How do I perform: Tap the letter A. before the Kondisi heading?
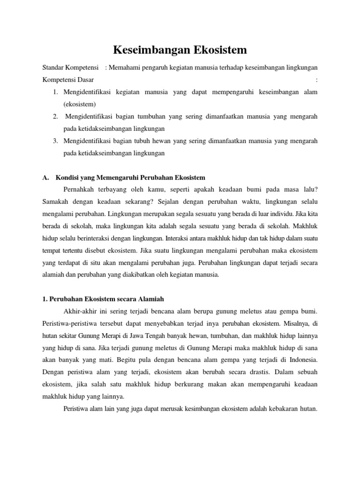click(45, 178)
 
